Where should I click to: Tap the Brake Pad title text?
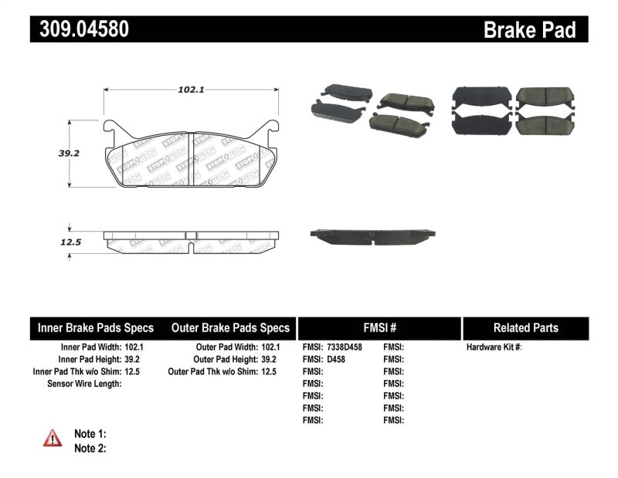click(529, 30)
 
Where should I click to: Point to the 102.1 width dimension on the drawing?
click(190, 90)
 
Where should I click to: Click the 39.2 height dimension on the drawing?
click(70, 154)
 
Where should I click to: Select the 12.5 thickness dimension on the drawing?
click(70, 242)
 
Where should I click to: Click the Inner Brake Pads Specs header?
click(96, 328)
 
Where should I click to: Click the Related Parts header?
click(525, 328)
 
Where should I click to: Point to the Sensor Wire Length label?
click(84, 384)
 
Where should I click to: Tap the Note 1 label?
click(90, 434)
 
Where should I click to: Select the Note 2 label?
click(90, 448)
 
